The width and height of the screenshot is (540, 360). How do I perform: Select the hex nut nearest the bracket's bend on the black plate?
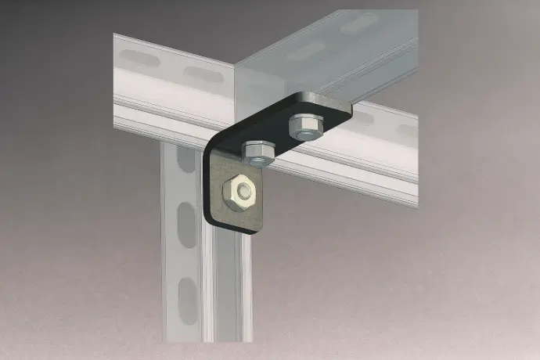(x=257, y=152)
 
